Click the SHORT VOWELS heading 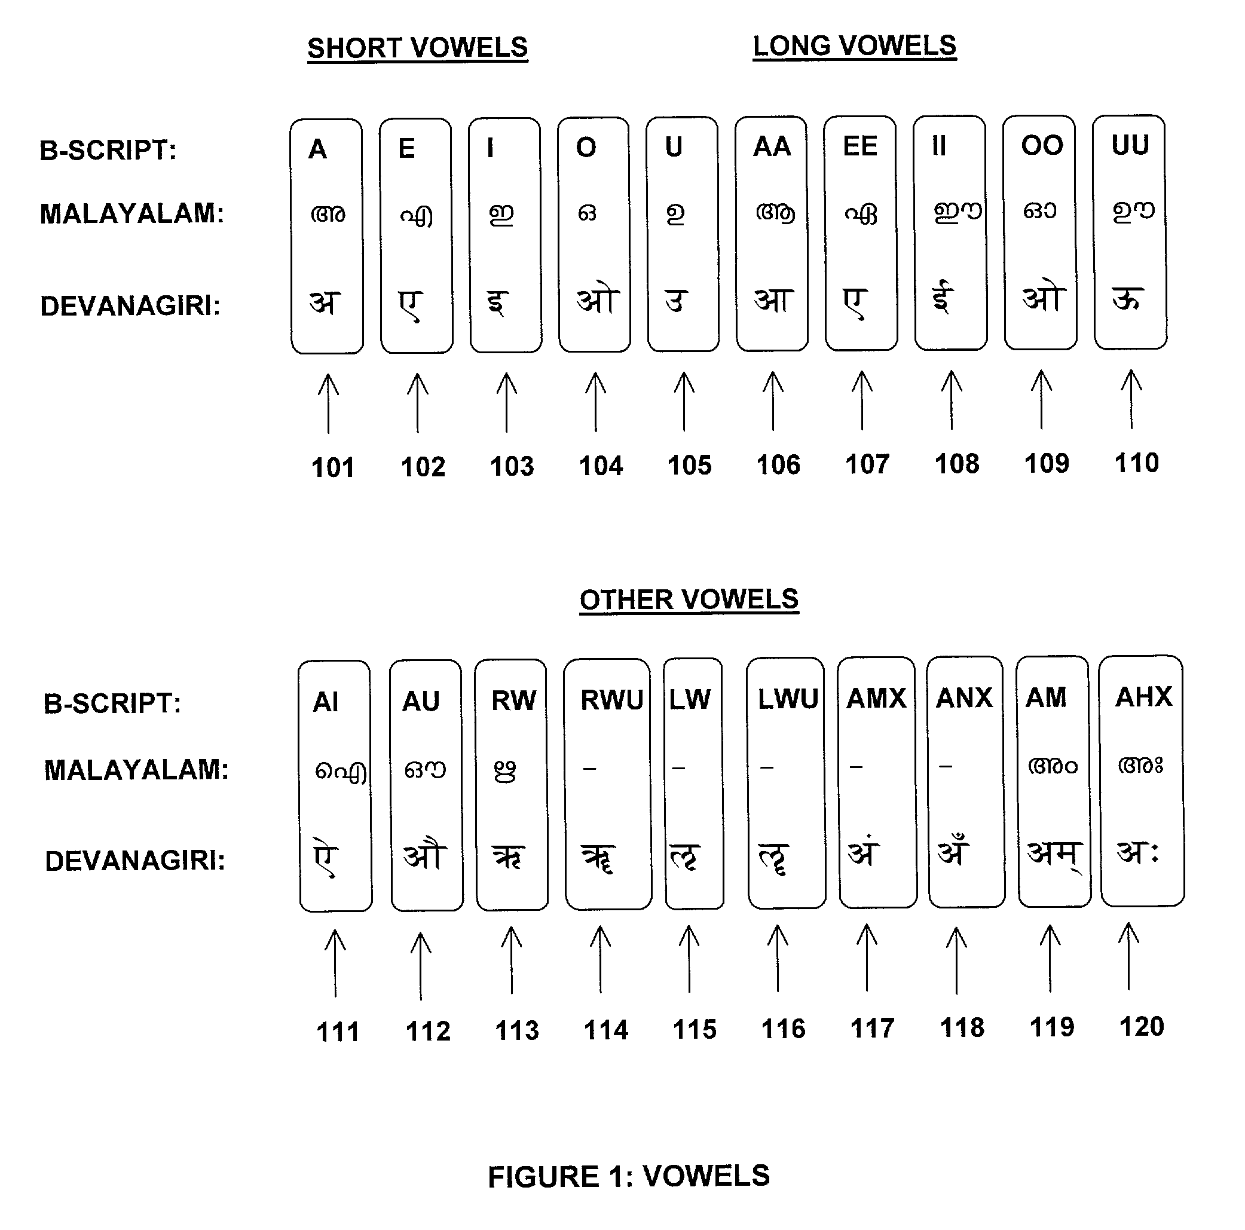(x=418, y=48)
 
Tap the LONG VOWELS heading (x=855, y=47)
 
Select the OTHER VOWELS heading (x=689, y=600)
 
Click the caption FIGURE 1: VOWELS (x=629, y=1177)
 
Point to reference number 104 (x=601, y=466)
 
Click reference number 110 (x=1137, y=463)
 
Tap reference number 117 (x=873, y=1029)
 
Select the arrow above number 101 (x=329, y=404)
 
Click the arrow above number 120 (x=1128, y=957)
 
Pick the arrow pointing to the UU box (x=1131, y=399)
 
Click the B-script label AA (x=772, y=147)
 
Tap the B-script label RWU (x=611, y=700)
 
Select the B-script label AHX (x=1144, y=697)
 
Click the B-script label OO (x=1042, y=146)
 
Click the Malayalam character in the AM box (x=1053, y=766)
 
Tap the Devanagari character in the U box (x=676, y=301)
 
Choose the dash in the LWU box (x=766, y=767)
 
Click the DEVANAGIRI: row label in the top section (x=130, y=306)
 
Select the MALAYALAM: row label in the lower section (x=136, y=770)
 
